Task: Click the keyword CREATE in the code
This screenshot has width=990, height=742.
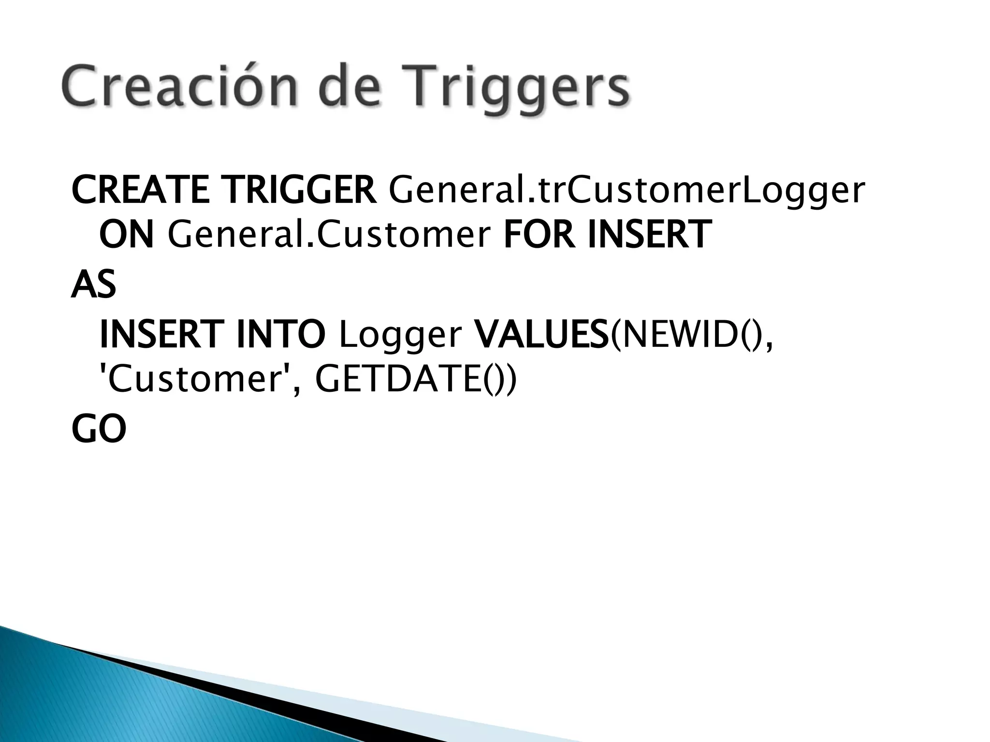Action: (x=140, y=190)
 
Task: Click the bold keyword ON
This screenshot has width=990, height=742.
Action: (x=126, y=234)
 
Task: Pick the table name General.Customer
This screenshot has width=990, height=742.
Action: (x=329, y=234)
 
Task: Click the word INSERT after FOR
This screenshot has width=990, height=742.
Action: (x=649, y=234)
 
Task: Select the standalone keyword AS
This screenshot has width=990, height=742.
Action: (x=93, y=285)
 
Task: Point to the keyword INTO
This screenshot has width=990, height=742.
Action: (x=280, y=334)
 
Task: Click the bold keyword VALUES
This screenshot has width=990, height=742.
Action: (x=542, y=334)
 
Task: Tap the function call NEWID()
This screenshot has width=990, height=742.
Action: (x=689, y=335)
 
